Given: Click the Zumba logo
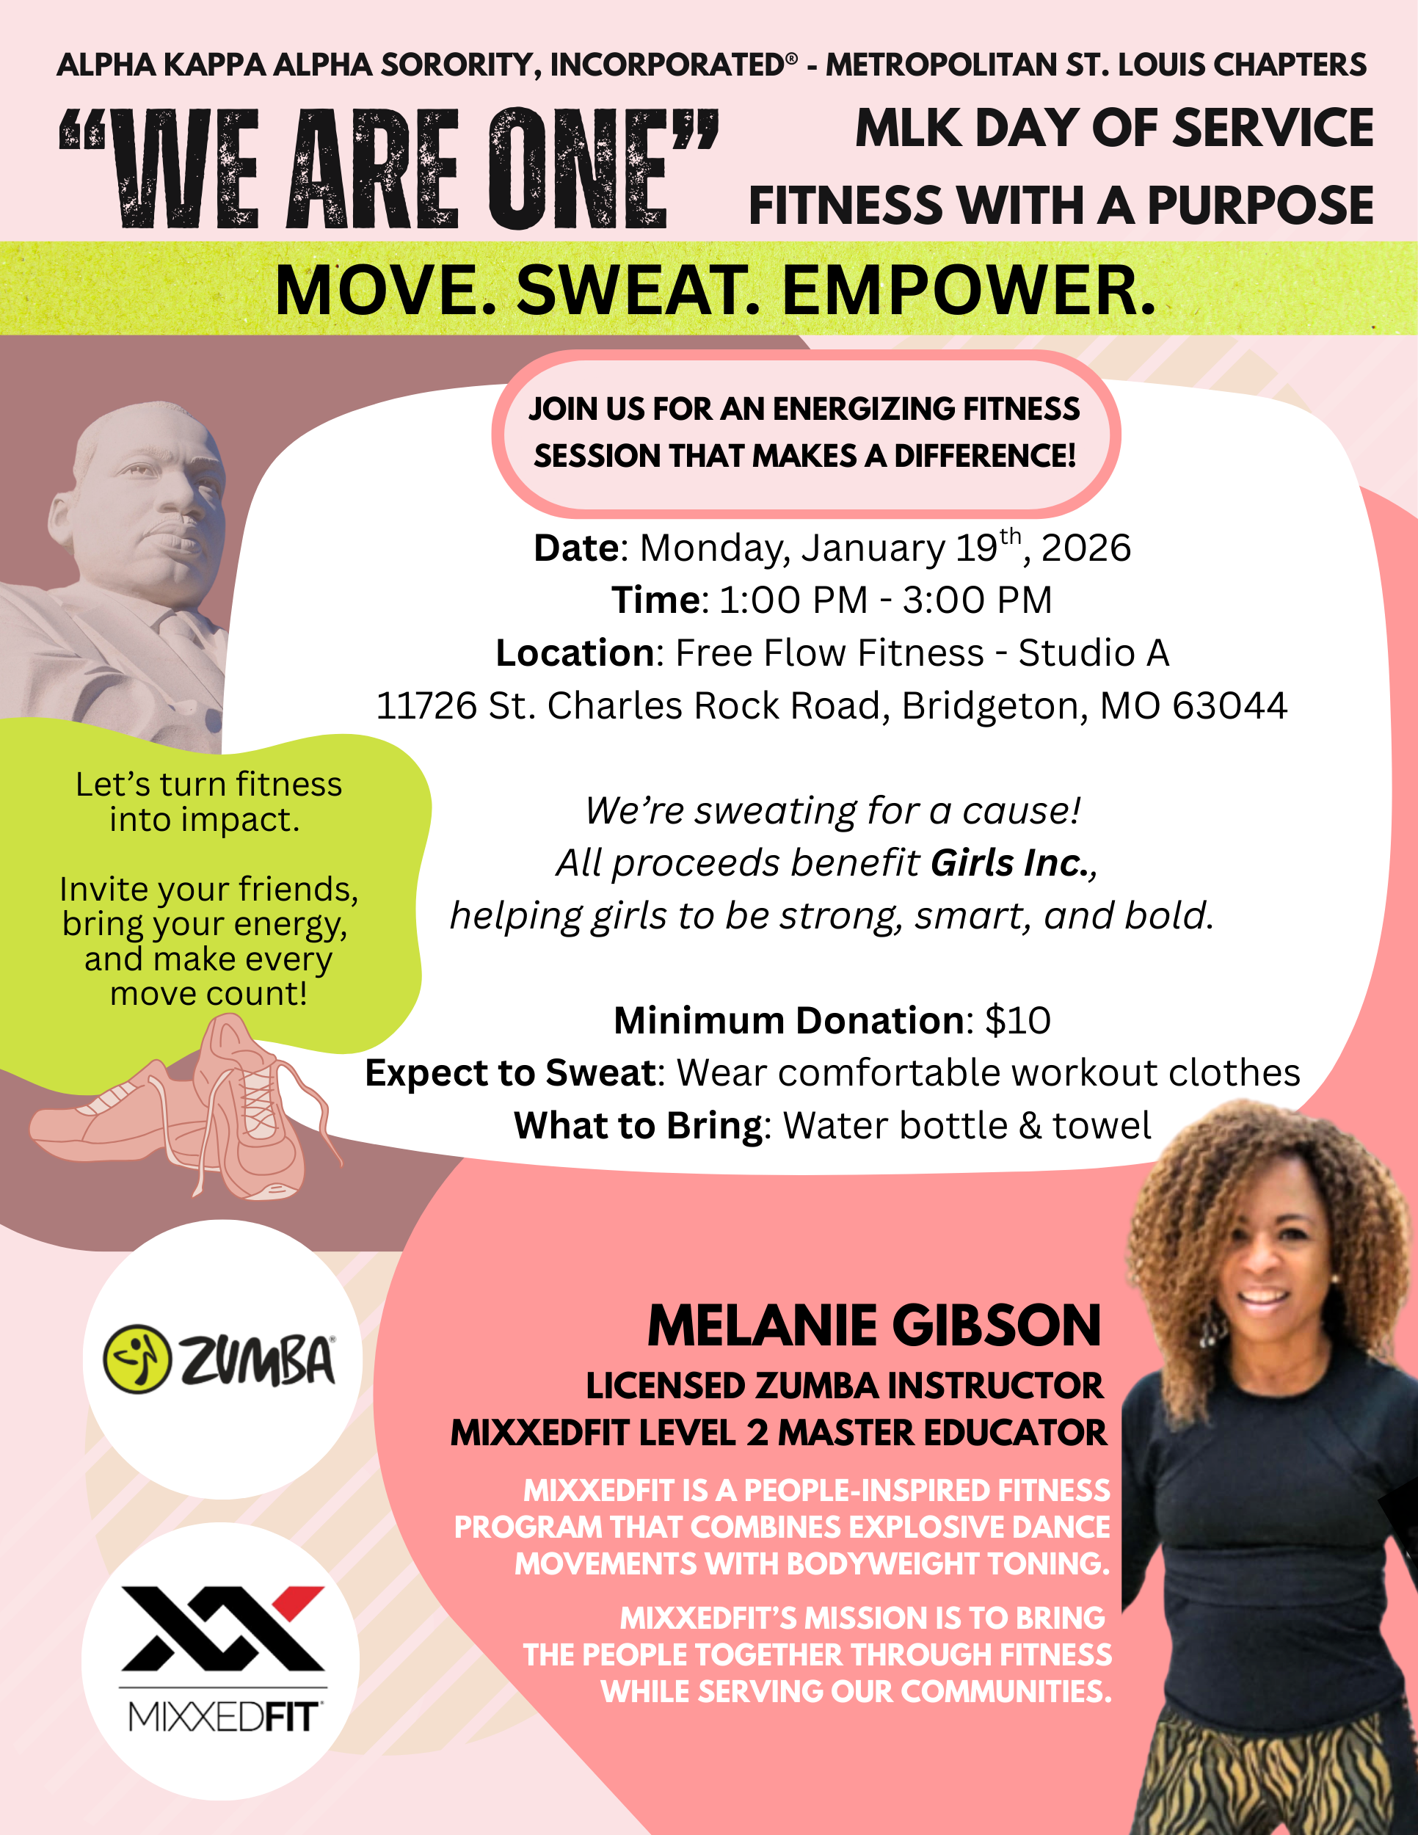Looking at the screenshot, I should [x=221, y=1359].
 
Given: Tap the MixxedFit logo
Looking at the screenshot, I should [x=222, y=1660].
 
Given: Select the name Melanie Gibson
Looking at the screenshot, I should [x=873, y=1326].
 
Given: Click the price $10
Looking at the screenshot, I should [x=1017, y=1021].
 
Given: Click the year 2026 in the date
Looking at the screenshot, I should [x=1086, y=548].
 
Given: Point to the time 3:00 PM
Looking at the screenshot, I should [x=977, y=600].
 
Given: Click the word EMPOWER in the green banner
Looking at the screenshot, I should [x=969, y=291].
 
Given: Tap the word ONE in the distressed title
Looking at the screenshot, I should [x=580, y=170].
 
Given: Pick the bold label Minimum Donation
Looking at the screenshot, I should [x=789, y=1021].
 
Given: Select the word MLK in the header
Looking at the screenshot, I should [x=908, y=128].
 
